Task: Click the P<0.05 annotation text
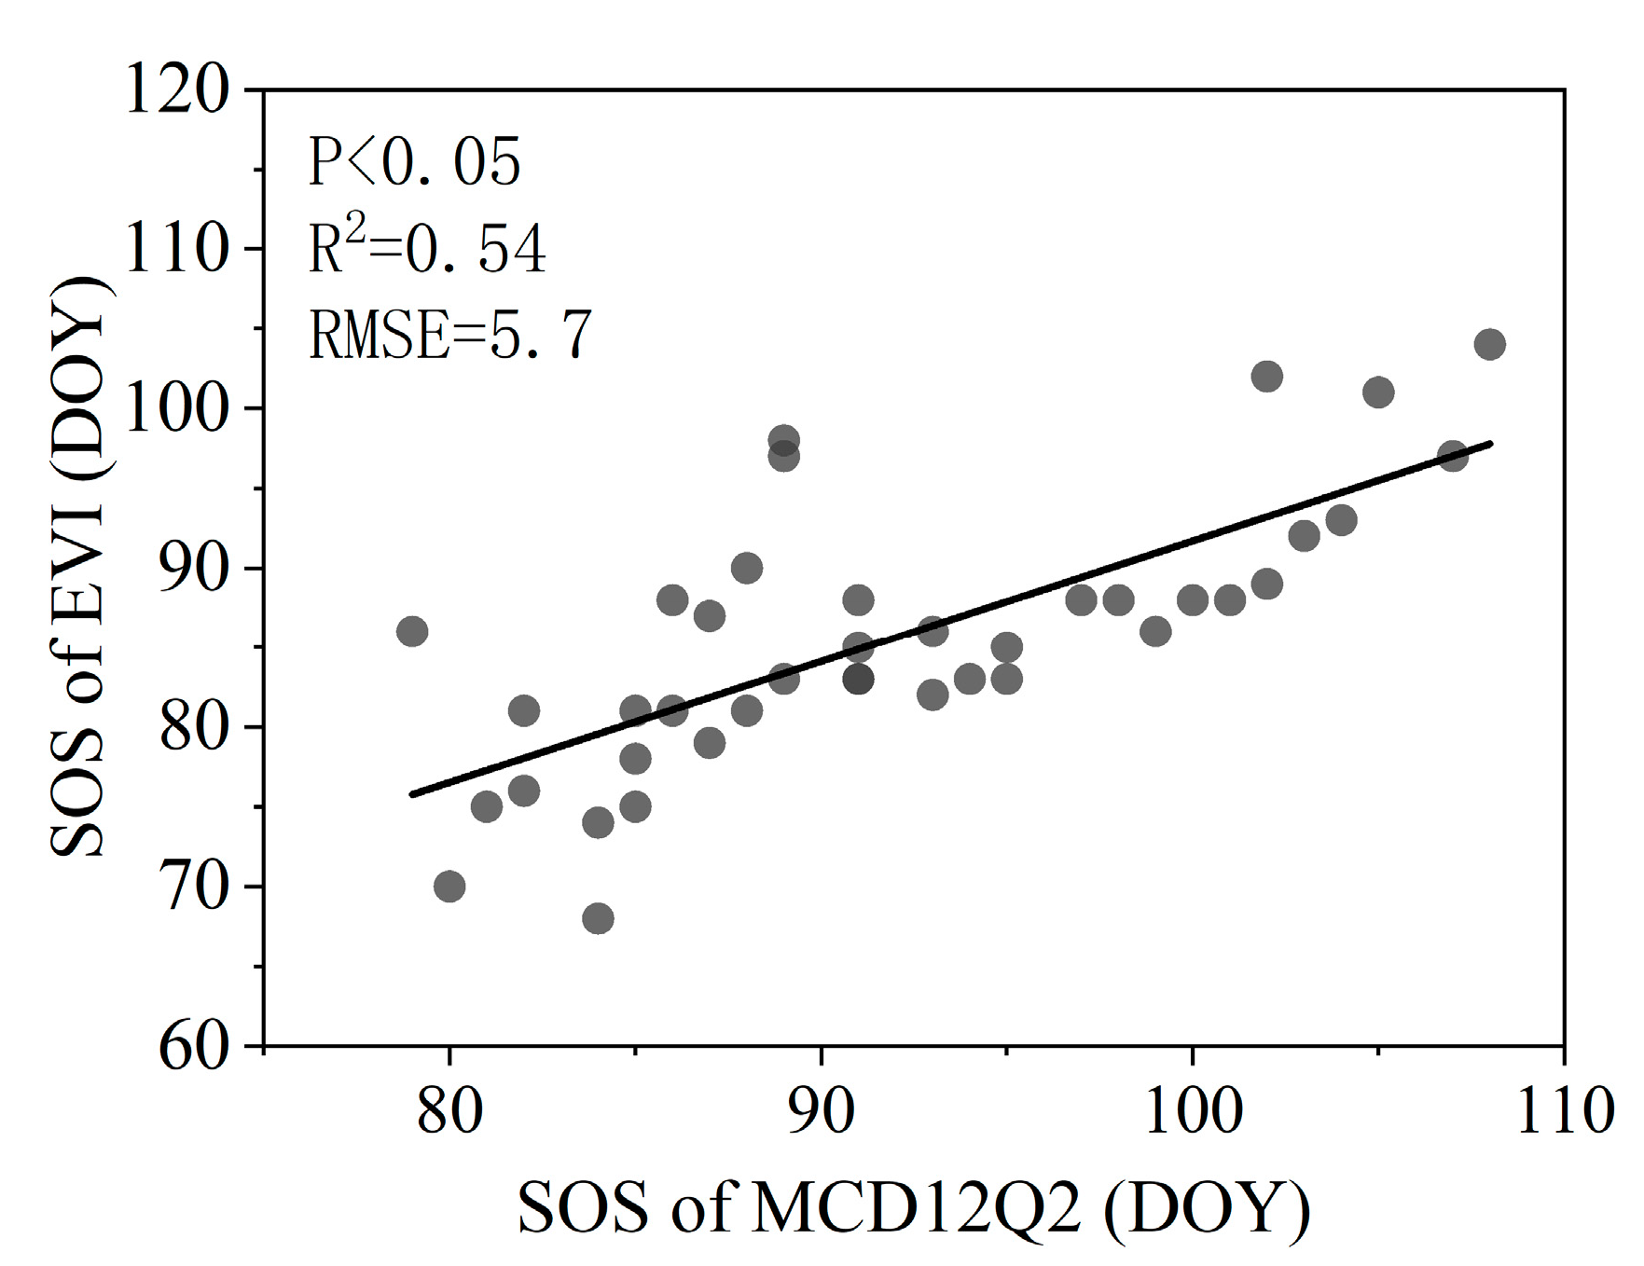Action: [414, 165]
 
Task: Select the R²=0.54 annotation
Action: [427, 250]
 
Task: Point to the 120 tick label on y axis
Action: [176, 91]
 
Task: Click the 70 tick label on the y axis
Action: [194, 887]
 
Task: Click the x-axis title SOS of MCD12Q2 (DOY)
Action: [914, 1208]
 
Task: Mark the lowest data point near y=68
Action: [598, 919]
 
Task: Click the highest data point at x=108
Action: [1489, 345]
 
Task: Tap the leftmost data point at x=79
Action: [411, 632]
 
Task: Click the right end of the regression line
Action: [1491, 444]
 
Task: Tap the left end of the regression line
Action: [412, 794]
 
